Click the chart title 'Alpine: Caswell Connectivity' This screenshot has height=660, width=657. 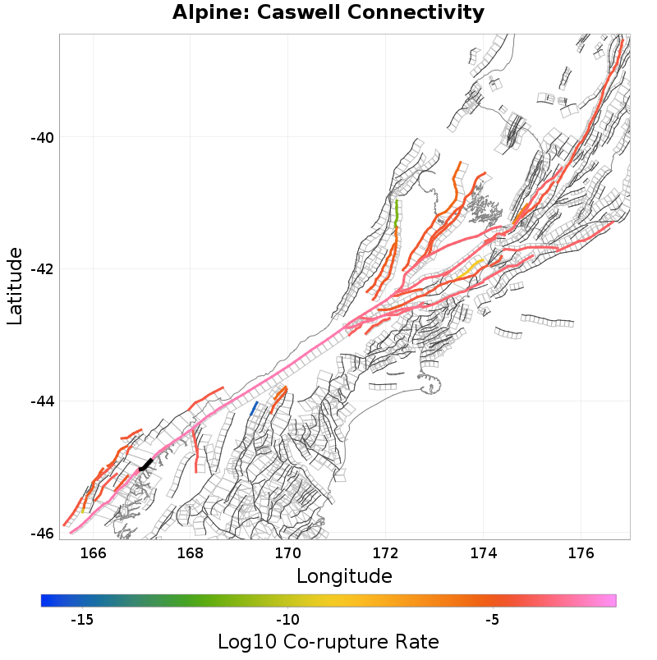328,13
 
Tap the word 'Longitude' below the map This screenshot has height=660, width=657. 344,576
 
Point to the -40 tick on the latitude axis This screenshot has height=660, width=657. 42,137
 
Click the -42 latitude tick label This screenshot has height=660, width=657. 42,269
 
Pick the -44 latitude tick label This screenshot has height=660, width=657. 42,401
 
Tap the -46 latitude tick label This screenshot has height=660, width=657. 42,534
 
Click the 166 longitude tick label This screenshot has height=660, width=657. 94,552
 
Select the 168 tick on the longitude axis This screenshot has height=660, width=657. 191,552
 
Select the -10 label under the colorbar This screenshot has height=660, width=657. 287,620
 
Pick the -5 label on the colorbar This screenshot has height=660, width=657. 491,620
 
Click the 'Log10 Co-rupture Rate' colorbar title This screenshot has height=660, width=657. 328,642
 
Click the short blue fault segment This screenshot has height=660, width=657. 253,409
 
